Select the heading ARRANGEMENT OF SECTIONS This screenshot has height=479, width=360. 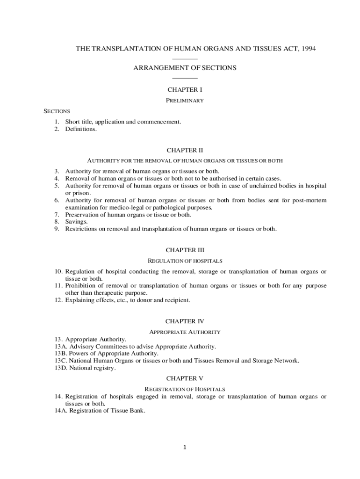pyautogui.click(x=185, y=68)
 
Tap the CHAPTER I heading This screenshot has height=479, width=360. pyautogui.click(x=185, y=89)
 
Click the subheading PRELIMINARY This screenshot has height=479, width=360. pyautogui.click(x=185, y=101)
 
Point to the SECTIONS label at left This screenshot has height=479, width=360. pyautogui.click(x=57, y=111)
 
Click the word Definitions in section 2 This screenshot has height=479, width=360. pyautogui.click(x=81, y=129)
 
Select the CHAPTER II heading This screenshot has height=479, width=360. pyautogui.click(x=185, y=150)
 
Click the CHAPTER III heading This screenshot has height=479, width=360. pyautogui.click(x=185, y=250)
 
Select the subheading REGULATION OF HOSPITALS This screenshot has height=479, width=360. pyautogui.click(x=185, y=261)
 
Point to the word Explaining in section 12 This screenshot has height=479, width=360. pyautogui.click(x=80, y=300)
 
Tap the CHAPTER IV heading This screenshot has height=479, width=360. pyautogui.click(x=185, y=321)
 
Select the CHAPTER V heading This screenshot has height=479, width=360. pyautogui.click(x=185, y=378)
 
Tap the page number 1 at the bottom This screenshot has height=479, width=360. pyautogui.click(x=185, y=448)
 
